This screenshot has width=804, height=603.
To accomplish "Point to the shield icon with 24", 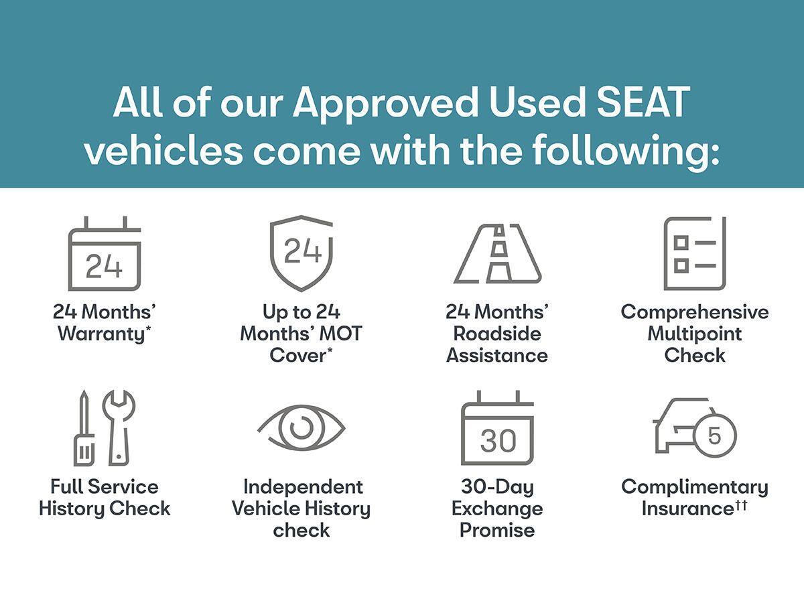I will click(x=301, y=253).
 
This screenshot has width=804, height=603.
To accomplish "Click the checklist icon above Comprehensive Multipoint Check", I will click(x=694, y=253).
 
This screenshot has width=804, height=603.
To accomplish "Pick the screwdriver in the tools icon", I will click(x=84, y=429).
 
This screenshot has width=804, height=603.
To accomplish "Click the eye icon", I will click(x=301, y=427).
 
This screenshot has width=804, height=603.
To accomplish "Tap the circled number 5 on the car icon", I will click(x=714, y=435).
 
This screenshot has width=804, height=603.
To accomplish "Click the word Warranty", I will click(x=100, y=334).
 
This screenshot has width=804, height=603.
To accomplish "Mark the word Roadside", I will click(x=497, y=334).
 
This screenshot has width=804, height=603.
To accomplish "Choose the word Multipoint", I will click(x=694, y=334).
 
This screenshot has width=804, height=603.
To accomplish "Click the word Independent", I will click(x=303, y=487).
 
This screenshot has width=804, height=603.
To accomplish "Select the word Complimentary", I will click(x=694, y=487).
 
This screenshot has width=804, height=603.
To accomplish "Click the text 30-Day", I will click(x=497, y=487).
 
